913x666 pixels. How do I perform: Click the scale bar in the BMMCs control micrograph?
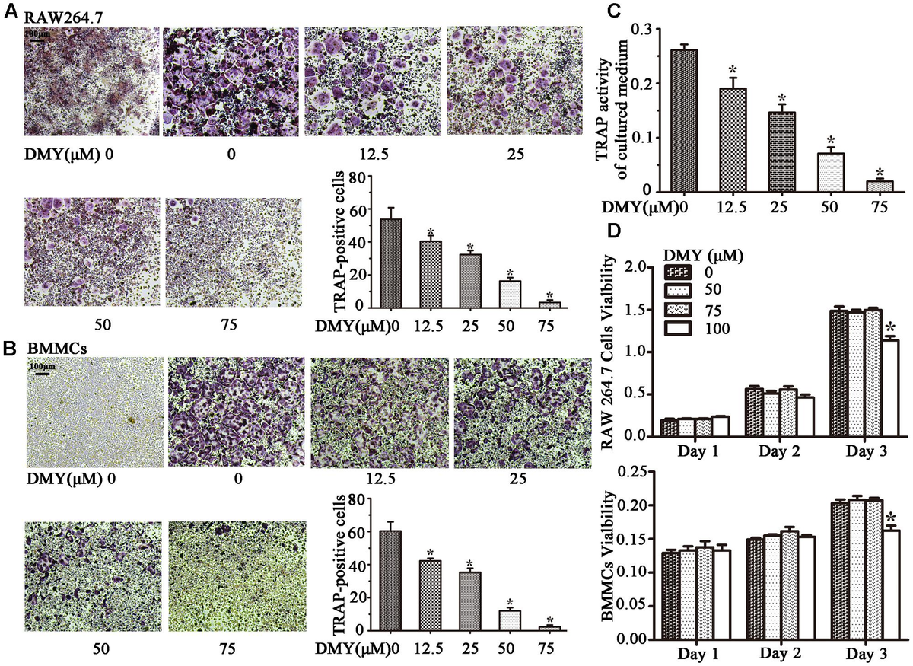point(40,373)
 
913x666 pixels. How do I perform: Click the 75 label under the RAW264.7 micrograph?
point(230,326)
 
